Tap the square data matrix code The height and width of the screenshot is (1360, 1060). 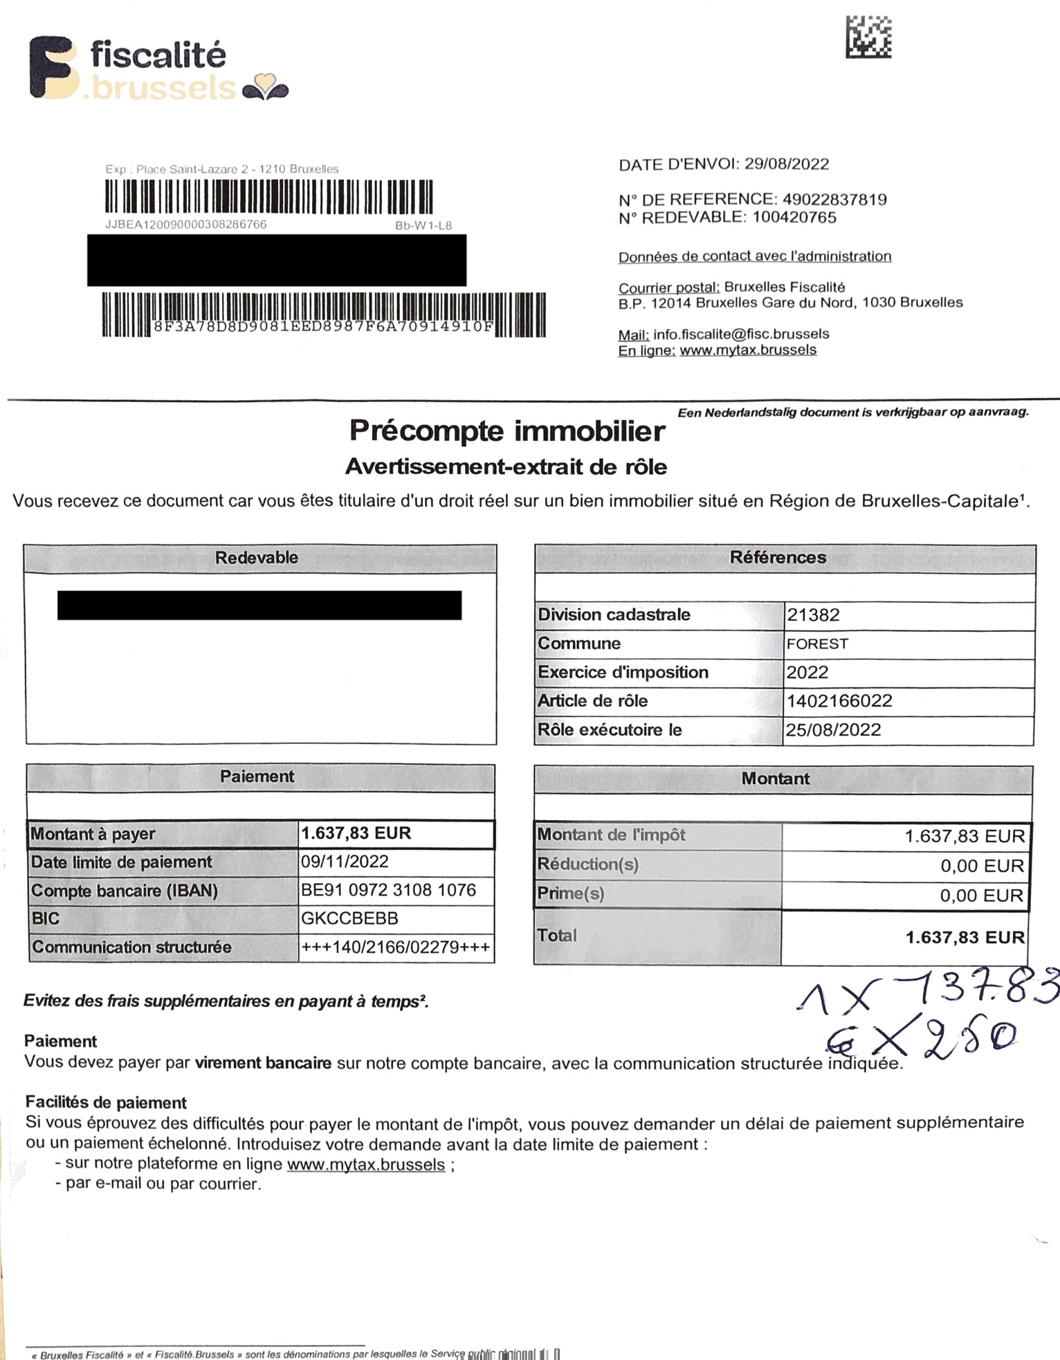(868, 37)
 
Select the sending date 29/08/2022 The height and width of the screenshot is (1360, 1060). (786, 164)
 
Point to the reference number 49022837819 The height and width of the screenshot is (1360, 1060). (834, 199)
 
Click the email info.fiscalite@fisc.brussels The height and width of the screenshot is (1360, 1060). (740, 334)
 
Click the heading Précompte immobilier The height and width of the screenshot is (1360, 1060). (506, 431)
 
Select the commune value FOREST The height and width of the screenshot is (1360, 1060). (817, 644)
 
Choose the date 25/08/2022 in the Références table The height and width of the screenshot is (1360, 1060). (833, 730)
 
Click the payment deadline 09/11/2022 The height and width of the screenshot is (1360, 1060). (345, 862)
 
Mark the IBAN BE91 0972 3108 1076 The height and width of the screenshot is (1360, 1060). (388, 890)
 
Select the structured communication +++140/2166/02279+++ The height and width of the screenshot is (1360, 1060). (395, 947)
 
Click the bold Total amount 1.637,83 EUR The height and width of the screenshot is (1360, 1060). (965, 937)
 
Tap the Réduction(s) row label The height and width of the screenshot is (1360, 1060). (588, 864)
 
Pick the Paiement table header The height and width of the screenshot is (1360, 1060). (257, 777)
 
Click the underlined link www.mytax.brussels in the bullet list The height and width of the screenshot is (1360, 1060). (365, 1164)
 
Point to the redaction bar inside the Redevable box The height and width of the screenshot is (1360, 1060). (259, 605)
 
